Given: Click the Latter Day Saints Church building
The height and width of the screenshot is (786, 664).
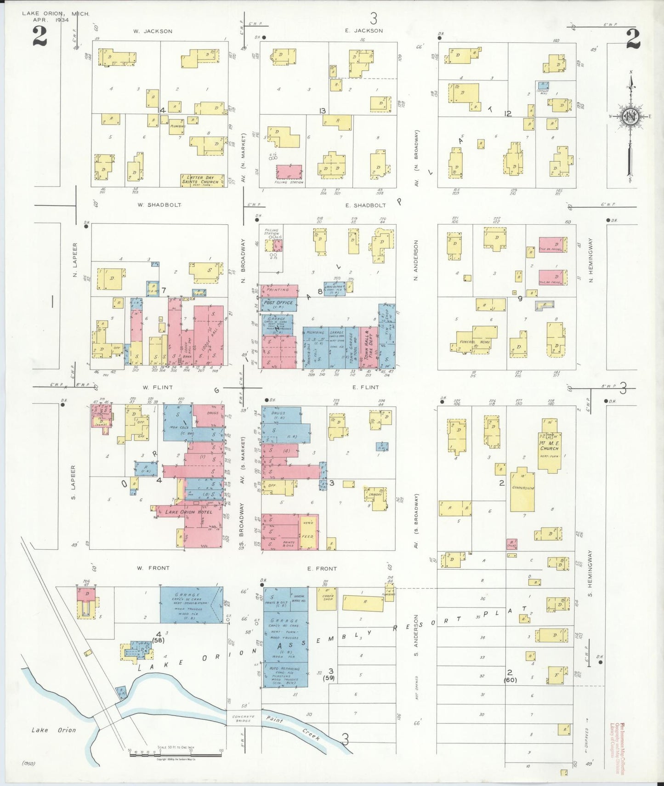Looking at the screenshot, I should click(203, 180).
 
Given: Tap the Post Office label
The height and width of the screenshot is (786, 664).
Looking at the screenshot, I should click(278, 303).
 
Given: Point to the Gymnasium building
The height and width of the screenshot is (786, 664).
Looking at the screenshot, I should click(522, 490).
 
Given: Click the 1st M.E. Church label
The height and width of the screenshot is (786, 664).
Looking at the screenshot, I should click(549, 445).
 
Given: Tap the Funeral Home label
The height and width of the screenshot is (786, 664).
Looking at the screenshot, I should click(475, 342).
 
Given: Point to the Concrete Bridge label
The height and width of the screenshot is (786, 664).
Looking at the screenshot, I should click(243, 718).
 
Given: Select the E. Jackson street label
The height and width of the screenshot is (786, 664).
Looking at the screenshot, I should click(364, 31).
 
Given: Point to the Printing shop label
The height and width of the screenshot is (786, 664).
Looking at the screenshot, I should click(278, 290).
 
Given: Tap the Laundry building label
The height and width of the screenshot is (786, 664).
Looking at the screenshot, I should click(375, 495).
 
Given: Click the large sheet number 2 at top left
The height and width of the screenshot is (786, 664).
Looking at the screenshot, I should click(40, 37).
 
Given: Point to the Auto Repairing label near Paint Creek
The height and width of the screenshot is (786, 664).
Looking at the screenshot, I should click(284, 669).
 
